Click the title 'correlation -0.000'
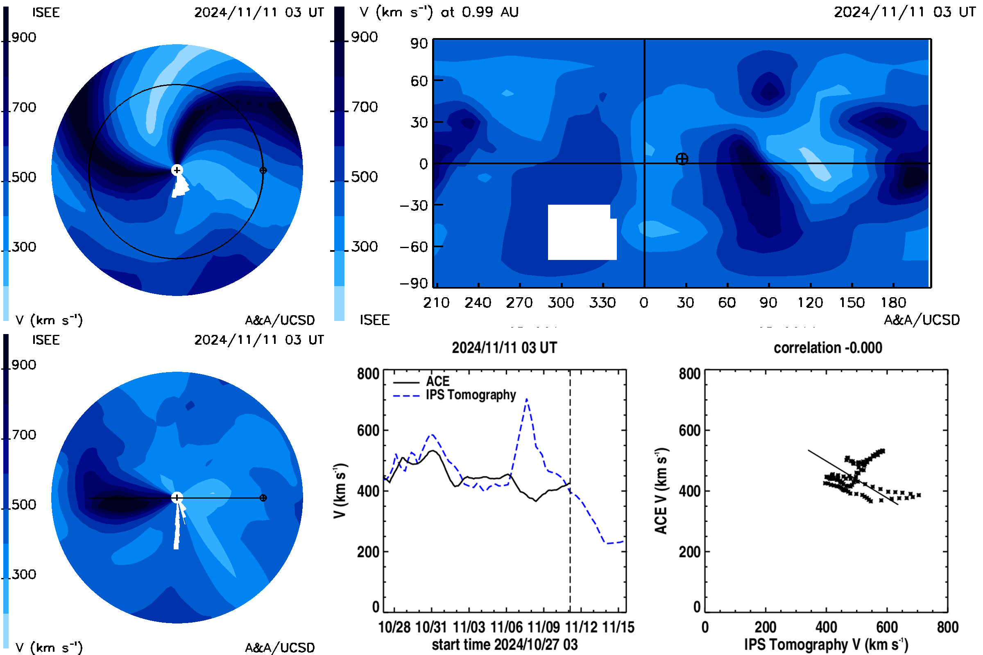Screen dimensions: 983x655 (827, 348)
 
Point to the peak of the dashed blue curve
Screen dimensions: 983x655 (527, 400)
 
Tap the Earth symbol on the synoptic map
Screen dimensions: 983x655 (682, 159)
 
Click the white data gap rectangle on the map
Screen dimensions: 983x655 (582, 232)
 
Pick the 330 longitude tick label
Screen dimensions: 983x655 (602, 303)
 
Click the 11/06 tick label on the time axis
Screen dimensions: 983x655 (506, 628)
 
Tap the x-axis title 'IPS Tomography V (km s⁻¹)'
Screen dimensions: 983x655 (826, 644)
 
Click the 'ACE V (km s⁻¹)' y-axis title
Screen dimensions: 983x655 (661, 491)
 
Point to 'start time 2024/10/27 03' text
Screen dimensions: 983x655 (505, 644)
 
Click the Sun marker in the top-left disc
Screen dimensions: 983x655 (177, 170)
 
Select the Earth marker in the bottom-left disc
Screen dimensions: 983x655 (263, 498)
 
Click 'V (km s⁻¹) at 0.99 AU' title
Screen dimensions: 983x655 (439, 12)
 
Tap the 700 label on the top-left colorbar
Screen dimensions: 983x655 (24, 107)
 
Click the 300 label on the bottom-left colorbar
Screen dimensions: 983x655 (24, 574)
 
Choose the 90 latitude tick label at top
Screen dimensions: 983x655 (419, 43)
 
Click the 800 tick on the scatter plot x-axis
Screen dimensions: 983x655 (947, 628)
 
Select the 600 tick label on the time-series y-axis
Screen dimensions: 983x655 (368, 431)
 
